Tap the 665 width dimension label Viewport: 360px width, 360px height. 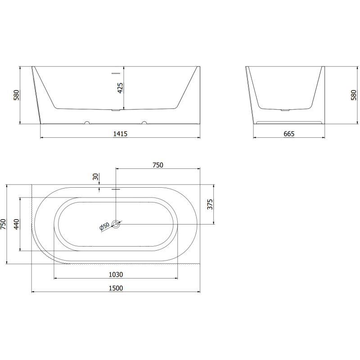[x=289, y=134]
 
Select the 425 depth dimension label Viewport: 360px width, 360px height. [x=120, y=88]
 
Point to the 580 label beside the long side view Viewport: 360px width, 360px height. [x=17, y=95]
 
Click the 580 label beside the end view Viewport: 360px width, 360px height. [x=354, y=95]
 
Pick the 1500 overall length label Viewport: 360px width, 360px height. [x=116, y=288]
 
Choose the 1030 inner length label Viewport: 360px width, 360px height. [x=116, y=274]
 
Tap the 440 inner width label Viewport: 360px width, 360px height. [x=17, y=224]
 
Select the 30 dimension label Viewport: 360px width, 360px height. [x=95, y=177]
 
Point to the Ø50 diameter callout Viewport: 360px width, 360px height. [x=104, y=227]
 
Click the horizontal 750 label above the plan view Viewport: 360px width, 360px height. [x=157, y=165]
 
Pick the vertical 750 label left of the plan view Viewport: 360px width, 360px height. [x=4, y=224]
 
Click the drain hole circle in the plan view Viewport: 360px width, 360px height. [x=117, y=224]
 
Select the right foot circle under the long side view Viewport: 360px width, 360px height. [x=144, y=122]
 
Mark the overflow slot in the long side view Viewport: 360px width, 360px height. [x=116, y=72]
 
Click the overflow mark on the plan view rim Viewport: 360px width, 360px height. [x=116, y=189]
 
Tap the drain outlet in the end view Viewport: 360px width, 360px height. [x=284, y=109]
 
